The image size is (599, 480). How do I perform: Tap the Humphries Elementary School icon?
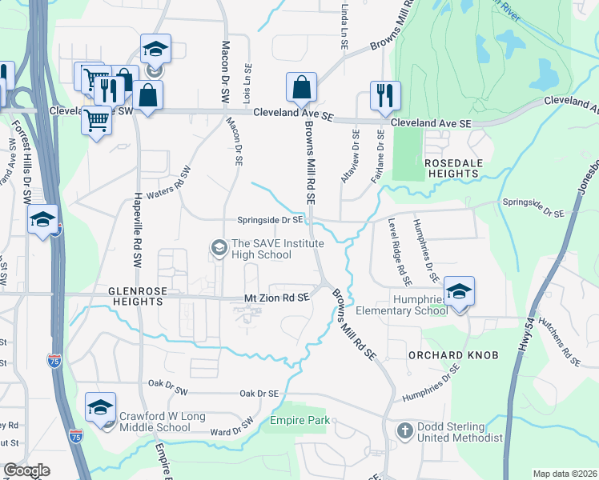(x=459, y=292)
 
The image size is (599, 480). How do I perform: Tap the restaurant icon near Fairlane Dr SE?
(x=385, y=96)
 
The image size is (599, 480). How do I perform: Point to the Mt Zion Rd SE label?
(x=276, y=298)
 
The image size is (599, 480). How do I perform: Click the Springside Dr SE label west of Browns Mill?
(x=270, y=220)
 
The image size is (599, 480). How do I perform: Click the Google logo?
(x=26, y=470)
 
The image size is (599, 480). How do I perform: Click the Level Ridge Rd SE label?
(x=399, y=253)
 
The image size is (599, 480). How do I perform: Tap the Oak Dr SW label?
(x=167, y=383)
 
